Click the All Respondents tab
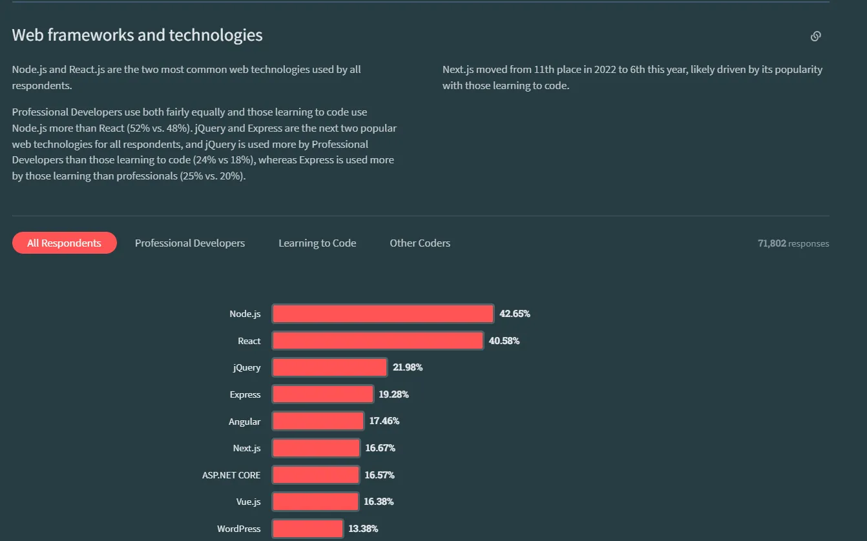tap(64, 243)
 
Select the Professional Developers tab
tap(190, 243)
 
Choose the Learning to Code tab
tap(317, 243)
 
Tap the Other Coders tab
tap(420, 243)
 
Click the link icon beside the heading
tap(815, 36)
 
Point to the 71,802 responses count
tap(793, 243)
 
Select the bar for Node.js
tap(382, 314)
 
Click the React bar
tap(377, 341)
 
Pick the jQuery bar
tap(329, 367)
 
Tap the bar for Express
tap(322, 394)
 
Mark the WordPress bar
tap(308, 529)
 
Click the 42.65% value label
tap(514, 314)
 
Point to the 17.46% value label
tap(384, 421)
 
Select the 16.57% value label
tap(379, 475)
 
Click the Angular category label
tap(244, 422)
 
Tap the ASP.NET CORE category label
tap(231, 475)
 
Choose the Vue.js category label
tap(248, 502)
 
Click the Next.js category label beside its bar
tap(247, 448)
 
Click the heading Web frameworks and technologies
tap(137, 35)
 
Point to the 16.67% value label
tap(380, 448)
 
